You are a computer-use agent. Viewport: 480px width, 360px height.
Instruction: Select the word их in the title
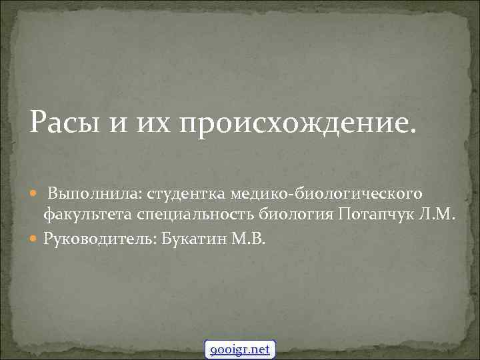[153, 124]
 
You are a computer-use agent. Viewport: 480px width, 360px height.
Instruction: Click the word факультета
[88, 215]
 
